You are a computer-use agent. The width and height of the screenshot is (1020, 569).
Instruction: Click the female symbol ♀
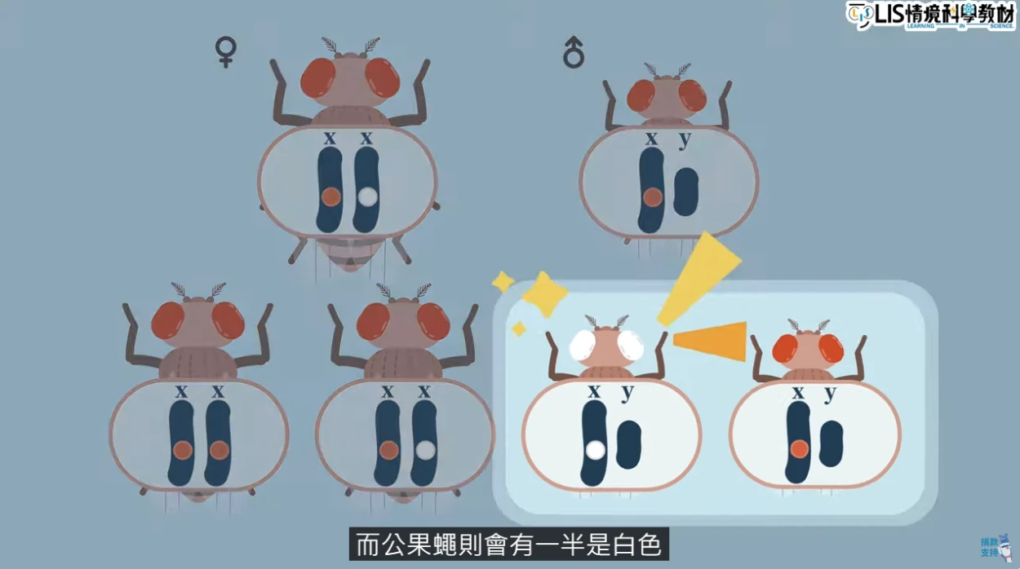(x=225, y=51)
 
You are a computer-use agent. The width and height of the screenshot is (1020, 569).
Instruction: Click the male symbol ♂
(x=574, y=55)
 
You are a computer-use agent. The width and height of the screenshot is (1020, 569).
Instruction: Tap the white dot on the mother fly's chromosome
(x=368, y=196)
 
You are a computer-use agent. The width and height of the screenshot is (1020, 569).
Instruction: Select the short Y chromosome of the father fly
(x=685, y=192)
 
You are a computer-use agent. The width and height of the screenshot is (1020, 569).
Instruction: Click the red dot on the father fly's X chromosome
(x=652, y=196)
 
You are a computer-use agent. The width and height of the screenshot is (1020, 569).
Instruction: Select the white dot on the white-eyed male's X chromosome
(x=596, y=449)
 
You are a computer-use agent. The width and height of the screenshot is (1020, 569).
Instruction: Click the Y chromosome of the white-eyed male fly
(x=628, y=444)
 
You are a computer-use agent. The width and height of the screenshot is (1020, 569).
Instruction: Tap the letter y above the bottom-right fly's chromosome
(x=830, y=394)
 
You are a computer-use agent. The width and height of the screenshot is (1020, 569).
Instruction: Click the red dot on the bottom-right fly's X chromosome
(x=799, y=448)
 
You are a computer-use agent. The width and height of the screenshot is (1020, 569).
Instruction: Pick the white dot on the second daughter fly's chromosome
(x=424, y=449)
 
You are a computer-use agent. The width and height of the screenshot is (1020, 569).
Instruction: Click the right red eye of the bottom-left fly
(x=228, y=320)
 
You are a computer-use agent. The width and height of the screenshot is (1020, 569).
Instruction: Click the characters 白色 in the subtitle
(x=636, y=545)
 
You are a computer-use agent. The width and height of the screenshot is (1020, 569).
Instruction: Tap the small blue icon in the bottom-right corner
(x=991, y=547)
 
